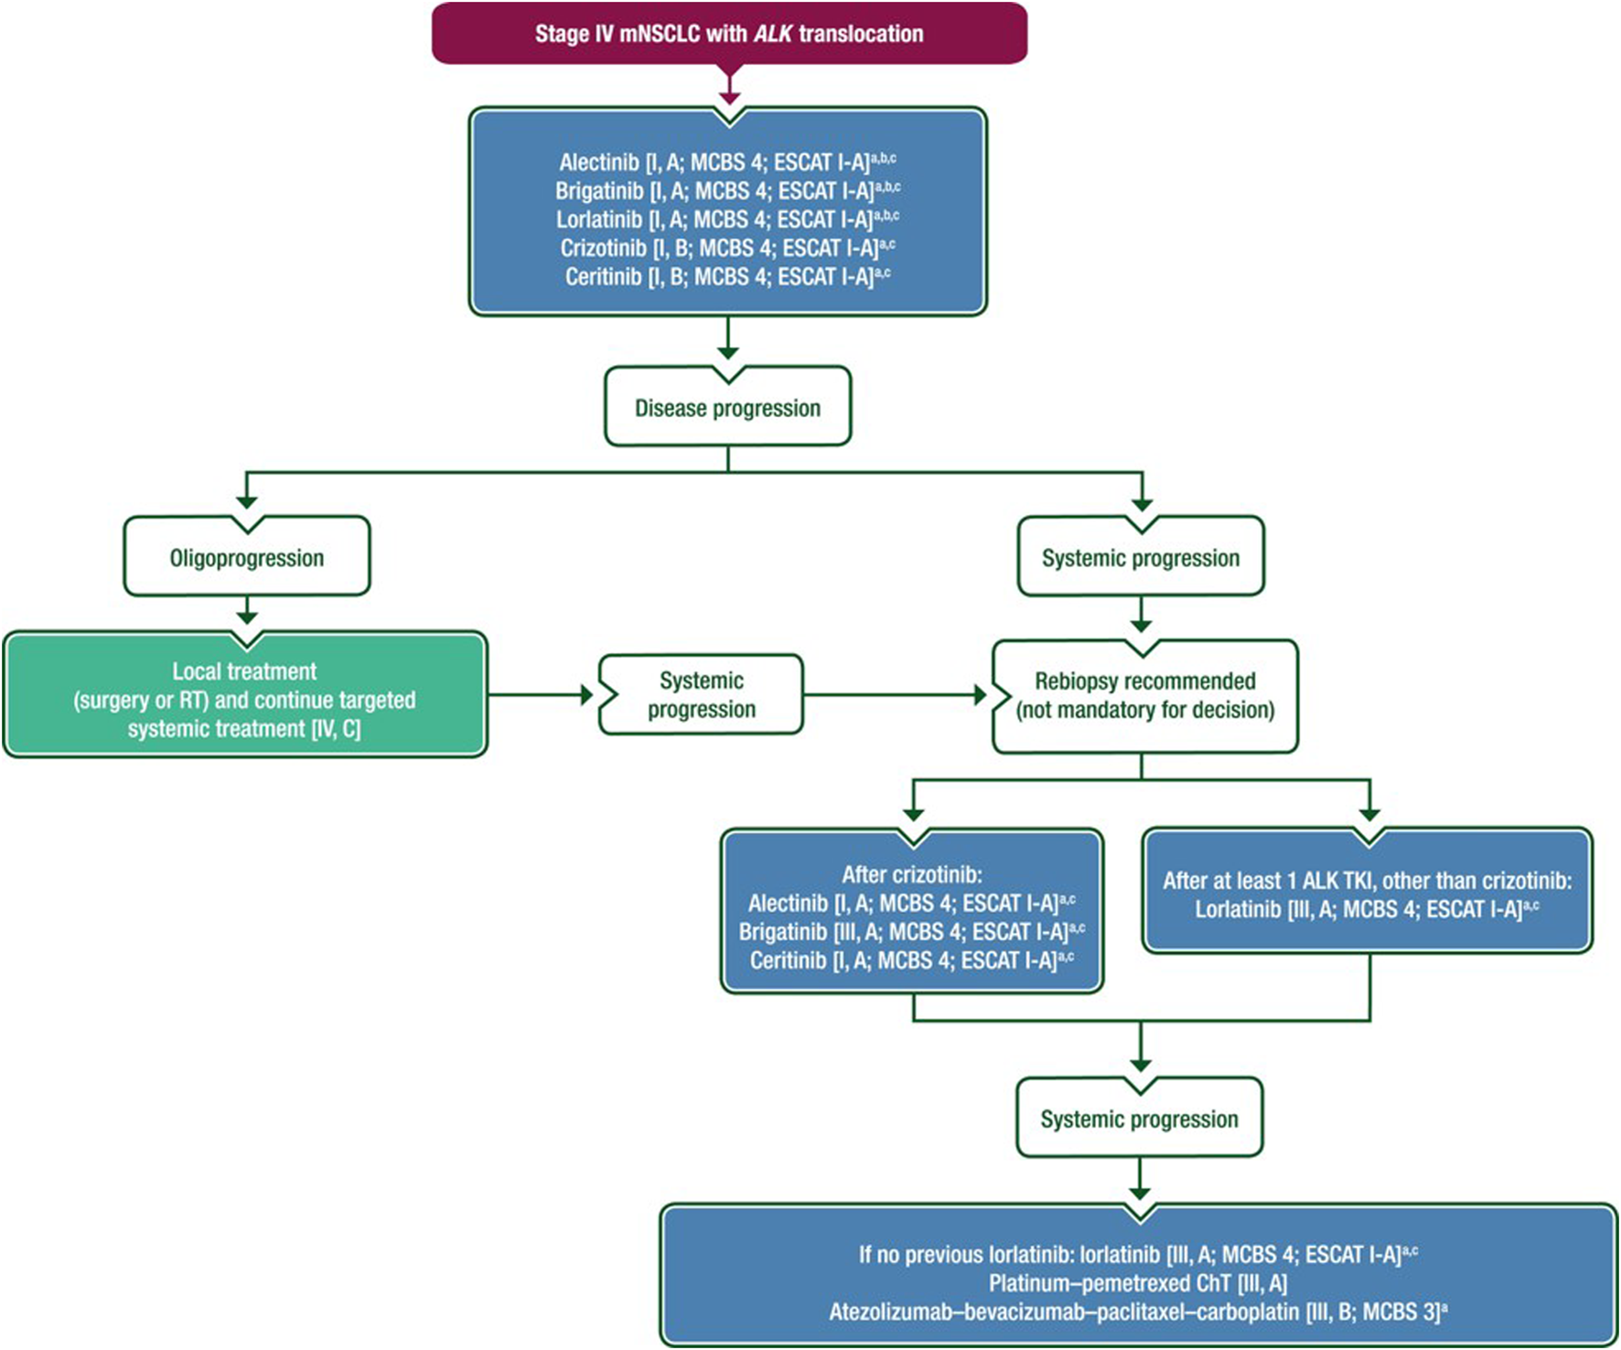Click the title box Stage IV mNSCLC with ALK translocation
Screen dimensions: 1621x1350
(729, 34)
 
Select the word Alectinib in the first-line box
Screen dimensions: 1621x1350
(599, 163)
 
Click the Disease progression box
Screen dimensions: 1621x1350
(728, 407)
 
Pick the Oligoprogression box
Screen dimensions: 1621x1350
(247, 557)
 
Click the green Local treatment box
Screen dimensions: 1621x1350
(245, 695)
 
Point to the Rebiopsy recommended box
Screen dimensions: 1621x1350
(1145, 696)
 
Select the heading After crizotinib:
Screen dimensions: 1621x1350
(912, 874)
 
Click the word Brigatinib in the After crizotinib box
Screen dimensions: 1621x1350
(783, 932)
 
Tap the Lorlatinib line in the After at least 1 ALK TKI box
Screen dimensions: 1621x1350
(1367, 909)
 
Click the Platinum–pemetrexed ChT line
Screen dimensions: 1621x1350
(1138, 1283)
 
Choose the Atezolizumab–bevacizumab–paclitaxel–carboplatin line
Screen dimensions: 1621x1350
(1138, 1312)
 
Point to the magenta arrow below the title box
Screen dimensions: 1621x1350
(729, 84)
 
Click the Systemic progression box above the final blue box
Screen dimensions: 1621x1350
(1140, 1118)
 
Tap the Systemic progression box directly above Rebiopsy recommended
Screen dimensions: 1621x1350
(1141, 557)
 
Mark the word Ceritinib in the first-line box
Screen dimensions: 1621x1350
(604, 276)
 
